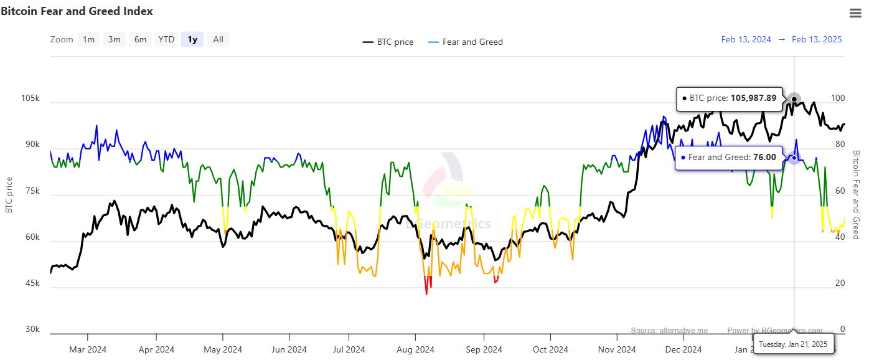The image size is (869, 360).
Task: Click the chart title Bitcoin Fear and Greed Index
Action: point(77,11)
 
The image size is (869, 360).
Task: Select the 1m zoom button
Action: point(89,39)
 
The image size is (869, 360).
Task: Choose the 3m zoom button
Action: point(115,39)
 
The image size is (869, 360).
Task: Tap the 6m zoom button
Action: point(141,39)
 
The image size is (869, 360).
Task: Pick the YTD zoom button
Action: point(166,39)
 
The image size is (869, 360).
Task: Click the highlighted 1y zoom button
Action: point(192,39)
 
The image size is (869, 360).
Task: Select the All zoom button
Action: point(218,39)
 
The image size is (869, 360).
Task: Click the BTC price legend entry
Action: point(388,42)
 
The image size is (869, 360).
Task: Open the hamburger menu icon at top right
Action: point(855,13)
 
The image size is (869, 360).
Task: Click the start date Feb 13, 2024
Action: point(746,39)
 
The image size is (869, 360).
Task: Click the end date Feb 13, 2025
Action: point(817,39)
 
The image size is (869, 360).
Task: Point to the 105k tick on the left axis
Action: point(31,98)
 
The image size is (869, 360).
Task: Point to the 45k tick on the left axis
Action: point(32,283)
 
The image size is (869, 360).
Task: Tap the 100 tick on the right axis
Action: point(838,98)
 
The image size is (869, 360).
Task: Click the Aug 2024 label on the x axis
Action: point(415,349)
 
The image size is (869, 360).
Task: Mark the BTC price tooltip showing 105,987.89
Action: point(729,98)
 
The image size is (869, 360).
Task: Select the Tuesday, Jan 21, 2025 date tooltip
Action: point(793,344)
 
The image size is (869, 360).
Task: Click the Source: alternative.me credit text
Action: point(669,331)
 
